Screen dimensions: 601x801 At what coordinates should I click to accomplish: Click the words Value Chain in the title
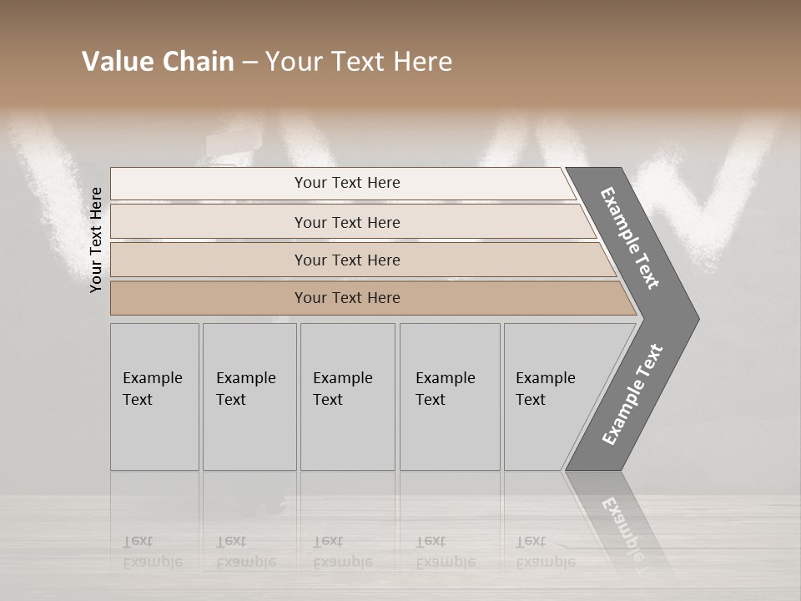tap(158, 62)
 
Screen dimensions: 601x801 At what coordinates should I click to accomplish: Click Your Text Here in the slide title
tap(359, 62)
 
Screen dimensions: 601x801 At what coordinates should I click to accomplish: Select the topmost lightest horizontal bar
tap(347, 183)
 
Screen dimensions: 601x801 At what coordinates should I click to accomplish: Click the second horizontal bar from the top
tap(347, 222)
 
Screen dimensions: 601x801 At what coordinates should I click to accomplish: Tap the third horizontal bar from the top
tap(347, 260)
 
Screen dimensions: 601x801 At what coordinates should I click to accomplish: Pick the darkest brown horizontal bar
tap(347, 298)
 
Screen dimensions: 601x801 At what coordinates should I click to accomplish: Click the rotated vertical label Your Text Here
tap(96, 240)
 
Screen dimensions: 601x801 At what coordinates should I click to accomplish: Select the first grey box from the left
tap(154, 396)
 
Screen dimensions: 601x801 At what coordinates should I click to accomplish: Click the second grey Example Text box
tap(249, 396)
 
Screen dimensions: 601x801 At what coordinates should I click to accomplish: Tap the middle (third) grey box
tap(347, 396)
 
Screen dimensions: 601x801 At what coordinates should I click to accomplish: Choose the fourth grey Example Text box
tap(449, 396)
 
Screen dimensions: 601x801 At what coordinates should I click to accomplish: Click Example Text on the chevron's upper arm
tap(630, 238)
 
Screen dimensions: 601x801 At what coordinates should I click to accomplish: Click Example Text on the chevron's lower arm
tap(632, 394)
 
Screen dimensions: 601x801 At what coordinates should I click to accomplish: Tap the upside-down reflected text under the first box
tap(152, 551)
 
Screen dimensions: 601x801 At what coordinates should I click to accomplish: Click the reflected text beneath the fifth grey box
tap(545, 551)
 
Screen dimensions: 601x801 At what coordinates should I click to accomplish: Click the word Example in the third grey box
tap(342, 378)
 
